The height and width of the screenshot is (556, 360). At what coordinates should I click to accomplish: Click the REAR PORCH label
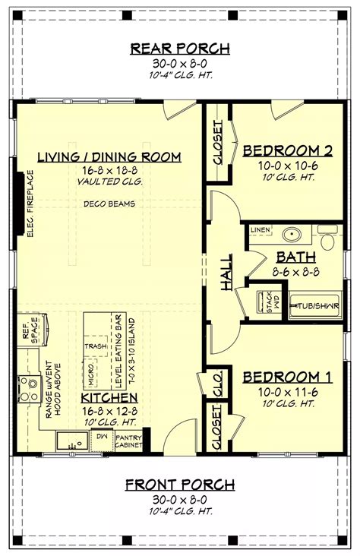point(180,49)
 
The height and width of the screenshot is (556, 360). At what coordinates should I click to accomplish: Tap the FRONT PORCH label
point(180,485)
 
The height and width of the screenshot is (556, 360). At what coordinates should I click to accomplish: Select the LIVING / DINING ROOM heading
point(110,157)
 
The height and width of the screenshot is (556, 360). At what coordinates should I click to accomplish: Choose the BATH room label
point(290,257)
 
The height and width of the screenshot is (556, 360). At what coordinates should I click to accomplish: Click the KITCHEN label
point(110,397)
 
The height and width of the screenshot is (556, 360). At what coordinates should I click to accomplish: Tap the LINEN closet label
point(260,229)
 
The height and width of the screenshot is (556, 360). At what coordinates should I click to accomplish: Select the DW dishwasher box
point(101,437)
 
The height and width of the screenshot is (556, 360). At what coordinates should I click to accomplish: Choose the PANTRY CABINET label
point(128,441)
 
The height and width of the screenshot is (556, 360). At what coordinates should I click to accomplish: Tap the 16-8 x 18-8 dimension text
point(110,171)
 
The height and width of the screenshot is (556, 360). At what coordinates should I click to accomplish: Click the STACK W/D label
point(267,303)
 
